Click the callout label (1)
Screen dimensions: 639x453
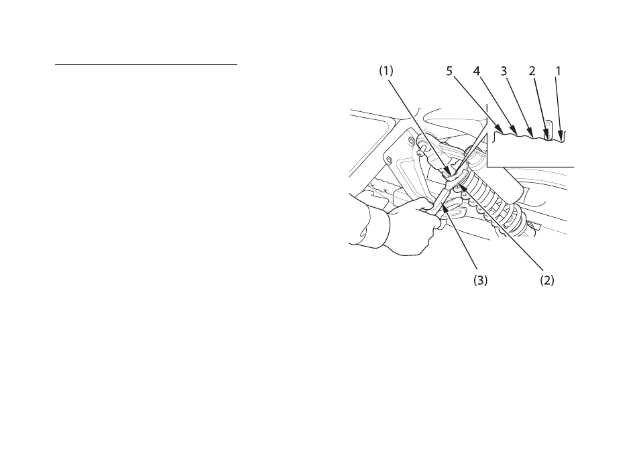pyautogui.click(x=386, y=71)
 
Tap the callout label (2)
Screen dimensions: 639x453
pyautogui.click(x=547, y=280)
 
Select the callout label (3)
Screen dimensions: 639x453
pyautogui.click(x=481, y=280)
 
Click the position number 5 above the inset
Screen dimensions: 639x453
pyautogui.click(x=449, y=71)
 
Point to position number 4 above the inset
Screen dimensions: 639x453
pyautogui.click(x=476, y=71)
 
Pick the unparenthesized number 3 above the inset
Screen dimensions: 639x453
pyautogui.click(x=504, y=71)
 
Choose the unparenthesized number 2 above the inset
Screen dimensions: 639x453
pyautogui.click(x=532, y=71)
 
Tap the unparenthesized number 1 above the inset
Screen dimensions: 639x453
pyautogui.click(x=559, y=71)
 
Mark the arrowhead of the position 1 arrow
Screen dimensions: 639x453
pyautogui.click(x=561, y=137)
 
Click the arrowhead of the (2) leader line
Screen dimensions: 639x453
pyautogui.click(x=461, y=188)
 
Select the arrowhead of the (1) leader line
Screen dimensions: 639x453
pyautogui.click(x=449, y=172)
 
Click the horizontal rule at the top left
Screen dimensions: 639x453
pyautogui.click(x=146, y=64)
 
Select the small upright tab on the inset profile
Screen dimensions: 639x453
pyautogui.click(x=549, y=130)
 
